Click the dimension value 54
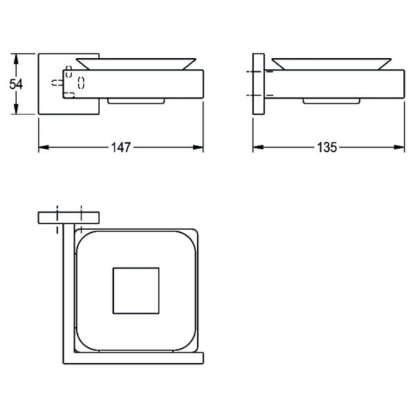(16, 84)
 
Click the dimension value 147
(121, 147)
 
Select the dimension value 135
(327, 147)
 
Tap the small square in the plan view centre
(136, 290)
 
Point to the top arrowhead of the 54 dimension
(16, 59)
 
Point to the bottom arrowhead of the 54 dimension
(16, 109)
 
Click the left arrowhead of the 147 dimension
(44, 147)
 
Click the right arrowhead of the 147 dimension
(198, 147)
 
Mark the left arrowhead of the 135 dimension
(258, 147)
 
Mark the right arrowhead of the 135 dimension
(399, 147)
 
